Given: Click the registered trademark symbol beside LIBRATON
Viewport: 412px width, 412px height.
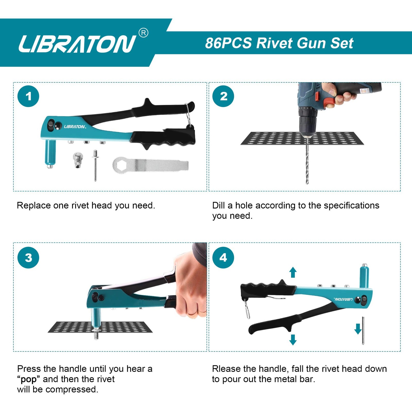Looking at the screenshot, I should (143, 33).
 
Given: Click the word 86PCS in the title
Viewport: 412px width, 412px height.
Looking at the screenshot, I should (228, 43).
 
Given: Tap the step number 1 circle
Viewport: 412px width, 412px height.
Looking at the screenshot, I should (28, 97).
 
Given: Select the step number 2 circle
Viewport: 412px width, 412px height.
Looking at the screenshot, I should (223, 96).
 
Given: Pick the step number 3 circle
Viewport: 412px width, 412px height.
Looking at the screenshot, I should (28, 258).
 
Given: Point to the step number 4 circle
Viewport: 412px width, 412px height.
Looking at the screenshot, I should (223, 258).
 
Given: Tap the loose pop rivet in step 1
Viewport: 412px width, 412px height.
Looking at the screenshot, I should (95, 165).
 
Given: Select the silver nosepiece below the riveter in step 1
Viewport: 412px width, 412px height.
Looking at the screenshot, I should (78, 160).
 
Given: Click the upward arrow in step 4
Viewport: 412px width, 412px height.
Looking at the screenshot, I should (293, 272).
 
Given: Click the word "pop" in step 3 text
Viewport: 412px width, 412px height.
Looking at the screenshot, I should (29, 379).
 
